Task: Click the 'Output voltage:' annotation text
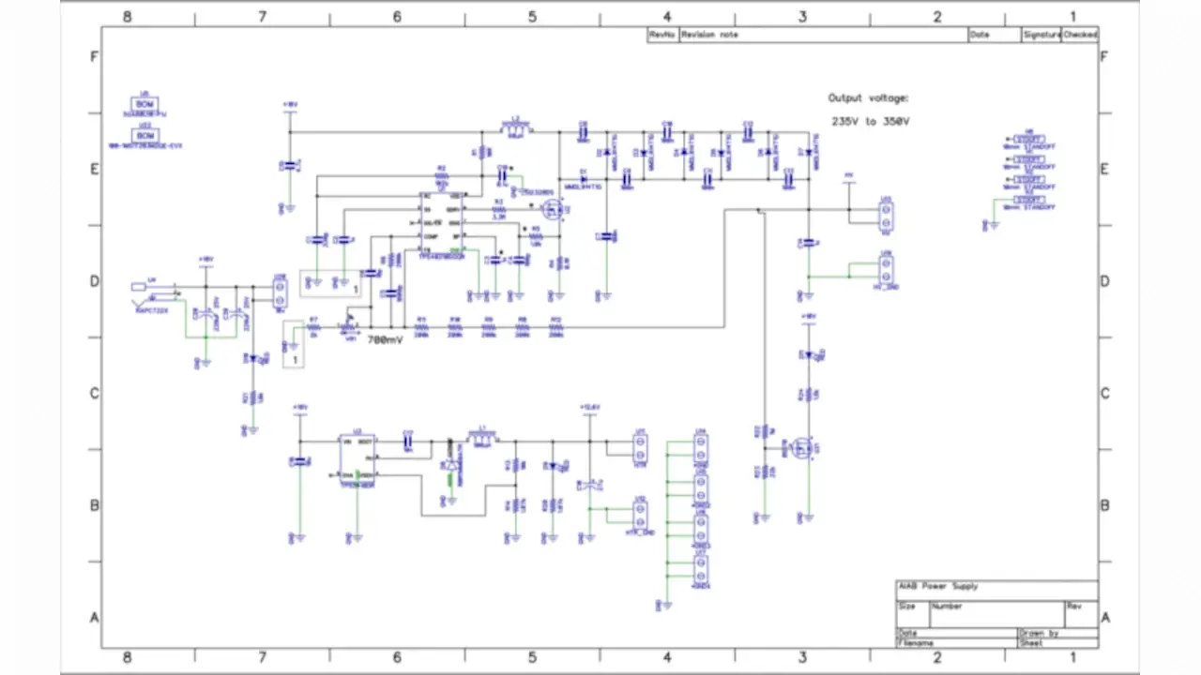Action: pos(868,97)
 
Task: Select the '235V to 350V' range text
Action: pos(870,121)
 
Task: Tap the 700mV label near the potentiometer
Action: pos(385,339)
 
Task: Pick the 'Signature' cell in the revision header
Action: pos(1041,35)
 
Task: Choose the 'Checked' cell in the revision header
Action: pos(1079,35)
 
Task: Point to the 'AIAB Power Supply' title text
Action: pos(938,586)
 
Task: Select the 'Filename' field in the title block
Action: pos(916,643)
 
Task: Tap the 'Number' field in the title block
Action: pos(947,607)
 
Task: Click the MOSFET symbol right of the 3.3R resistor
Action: pos(554,210)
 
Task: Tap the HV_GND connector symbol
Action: pos(885,271)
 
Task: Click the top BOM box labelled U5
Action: pos(145,104)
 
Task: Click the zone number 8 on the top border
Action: pos(127,16)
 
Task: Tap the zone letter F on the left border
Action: pos(93,56)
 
